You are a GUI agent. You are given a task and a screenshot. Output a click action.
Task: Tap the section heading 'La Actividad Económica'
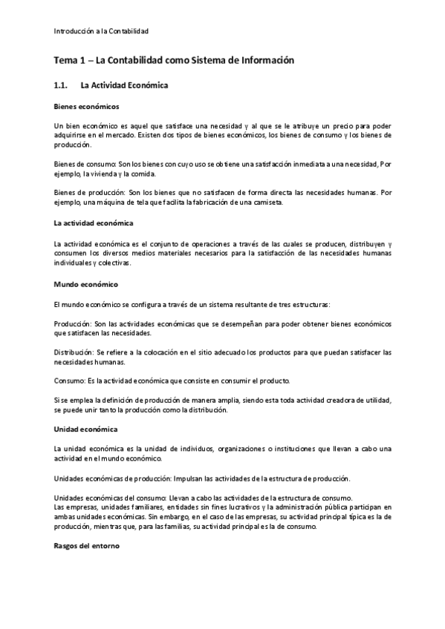(x=125, y=85)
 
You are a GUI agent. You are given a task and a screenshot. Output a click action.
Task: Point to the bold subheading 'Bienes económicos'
(x=86, y=107)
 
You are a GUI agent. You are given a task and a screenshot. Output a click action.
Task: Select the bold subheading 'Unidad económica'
(x=85, y=429)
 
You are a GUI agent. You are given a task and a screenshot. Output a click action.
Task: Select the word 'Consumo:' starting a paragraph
(x=69, y=381)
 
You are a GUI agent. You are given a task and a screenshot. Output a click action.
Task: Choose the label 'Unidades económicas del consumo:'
(x=110, y=497)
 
